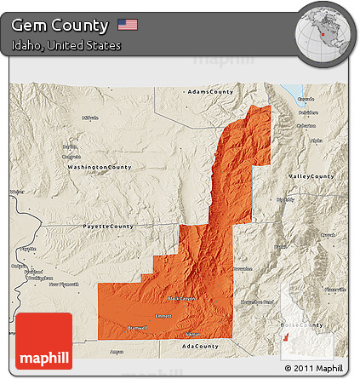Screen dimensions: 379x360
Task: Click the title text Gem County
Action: click(60, 26)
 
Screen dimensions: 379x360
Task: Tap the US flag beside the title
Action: click(128, 25)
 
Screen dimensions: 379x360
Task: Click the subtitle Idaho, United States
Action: click(66, 45)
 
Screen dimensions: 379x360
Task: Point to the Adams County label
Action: click(209, 91)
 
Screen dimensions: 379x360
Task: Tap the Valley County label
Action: click(311, 175)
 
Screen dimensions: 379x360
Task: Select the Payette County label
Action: click(108, 227)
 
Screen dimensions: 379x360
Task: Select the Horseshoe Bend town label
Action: click(257, 302)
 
